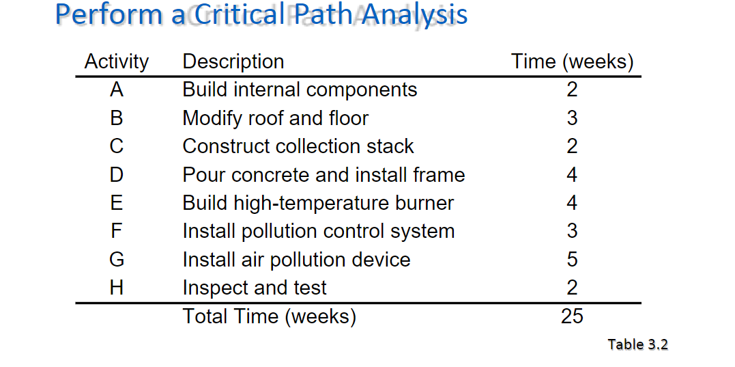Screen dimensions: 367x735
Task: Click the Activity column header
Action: tap(116, 62)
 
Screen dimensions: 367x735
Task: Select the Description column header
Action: tap(233, 62)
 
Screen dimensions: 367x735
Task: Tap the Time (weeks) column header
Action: tap(572, 62)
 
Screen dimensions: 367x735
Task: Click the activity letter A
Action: tap(116, 90)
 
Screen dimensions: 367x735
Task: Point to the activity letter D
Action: tap(116, 175)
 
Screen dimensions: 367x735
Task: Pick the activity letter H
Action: tap(116, 288)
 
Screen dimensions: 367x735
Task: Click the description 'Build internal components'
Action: tap(300, 90)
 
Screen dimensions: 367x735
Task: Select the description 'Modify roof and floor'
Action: tap(275, 118)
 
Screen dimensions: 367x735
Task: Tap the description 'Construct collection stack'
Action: tap(298, 146)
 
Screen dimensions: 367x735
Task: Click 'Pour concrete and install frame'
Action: tap(323, 175)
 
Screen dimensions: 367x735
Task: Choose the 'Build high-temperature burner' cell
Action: tap(318, 203)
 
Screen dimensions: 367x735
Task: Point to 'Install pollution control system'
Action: tap(318, 231)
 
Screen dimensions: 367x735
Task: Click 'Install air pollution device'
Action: tap(296, 260)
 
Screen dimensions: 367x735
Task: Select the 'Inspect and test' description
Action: tap(255, 288)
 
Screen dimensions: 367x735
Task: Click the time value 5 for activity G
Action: tap(572, 260)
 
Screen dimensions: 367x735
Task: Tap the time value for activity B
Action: tap(572, 118)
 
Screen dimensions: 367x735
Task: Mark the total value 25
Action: tap(572, 316)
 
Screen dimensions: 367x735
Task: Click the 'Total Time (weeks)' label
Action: tap(269, 316)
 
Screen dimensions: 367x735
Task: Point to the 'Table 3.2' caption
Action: tap(637, 344)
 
